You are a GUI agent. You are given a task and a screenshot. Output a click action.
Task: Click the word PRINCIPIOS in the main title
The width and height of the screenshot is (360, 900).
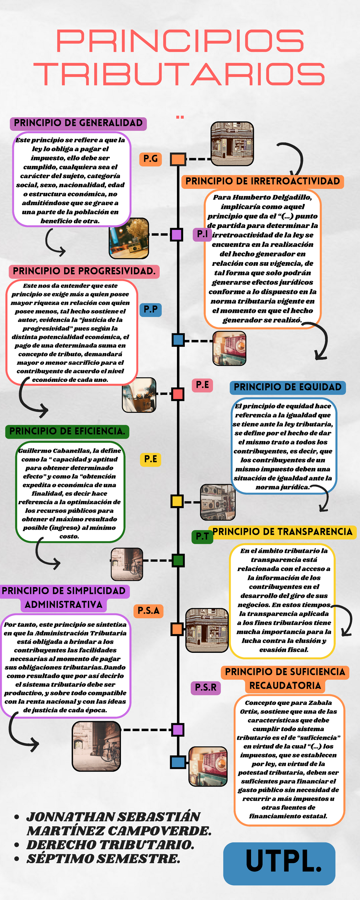(180, 41)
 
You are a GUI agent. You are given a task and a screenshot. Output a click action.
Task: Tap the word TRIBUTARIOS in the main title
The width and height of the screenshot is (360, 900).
(180, 74)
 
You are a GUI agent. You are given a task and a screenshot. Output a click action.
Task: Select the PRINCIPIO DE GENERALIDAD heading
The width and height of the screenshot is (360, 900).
(78, 123)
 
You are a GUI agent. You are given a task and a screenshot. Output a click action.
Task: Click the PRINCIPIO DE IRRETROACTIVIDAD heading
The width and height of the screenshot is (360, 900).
(262, 181)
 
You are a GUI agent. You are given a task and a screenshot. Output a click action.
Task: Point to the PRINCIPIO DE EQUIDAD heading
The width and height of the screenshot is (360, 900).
(287, 387)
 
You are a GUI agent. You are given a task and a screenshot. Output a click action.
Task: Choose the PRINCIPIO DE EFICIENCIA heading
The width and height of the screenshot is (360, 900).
(67, 431)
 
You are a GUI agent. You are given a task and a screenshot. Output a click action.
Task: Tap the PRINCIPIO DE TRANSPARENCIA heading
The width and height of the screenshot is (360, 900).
(282, 532)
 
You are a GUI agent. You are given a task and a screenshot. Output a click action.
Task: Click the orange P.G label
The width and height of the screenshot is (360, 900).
(150, 159)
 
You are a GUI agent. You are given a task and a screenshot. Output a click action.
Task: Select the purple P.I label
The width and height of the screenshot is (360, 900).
(202, 234)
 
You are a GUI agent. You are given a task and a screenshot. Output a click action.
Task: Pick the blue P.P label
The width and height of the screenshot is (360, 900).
(150, 310)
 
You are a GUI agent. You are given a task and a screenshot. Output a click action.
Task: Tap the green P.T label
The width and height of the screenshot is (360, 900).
(202, 536)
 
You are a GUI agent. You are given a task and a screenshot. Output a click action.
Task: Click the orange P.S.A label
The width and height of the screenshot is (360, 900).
(148, 611)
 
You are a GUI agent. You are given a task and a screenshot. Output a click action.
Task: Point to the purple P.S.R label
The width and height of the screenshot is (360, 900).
(205, 688)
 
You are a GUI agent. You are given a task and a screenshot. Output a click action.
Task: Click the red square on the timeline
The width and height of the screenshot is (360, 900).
(178, 394)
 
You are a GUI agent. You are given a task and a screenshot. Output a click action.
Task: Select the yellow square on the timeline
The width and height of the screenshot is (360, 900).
(177, 501)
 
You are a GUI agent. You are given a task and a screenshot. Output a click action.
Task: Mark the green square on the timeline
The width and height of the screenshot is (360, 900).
(178, 560)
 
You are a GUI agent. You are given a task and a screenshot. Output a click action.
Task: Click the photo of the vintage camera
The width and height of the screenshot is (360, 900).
(129, 238)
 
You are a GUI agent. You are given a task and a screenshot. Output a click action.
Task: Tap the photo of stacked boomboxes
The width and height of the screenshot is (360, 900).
(217, 502)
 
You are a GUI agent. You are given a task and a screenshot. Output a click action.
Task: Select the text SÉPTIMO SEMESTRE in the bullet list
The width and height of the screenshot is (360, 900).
(103, 859)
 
